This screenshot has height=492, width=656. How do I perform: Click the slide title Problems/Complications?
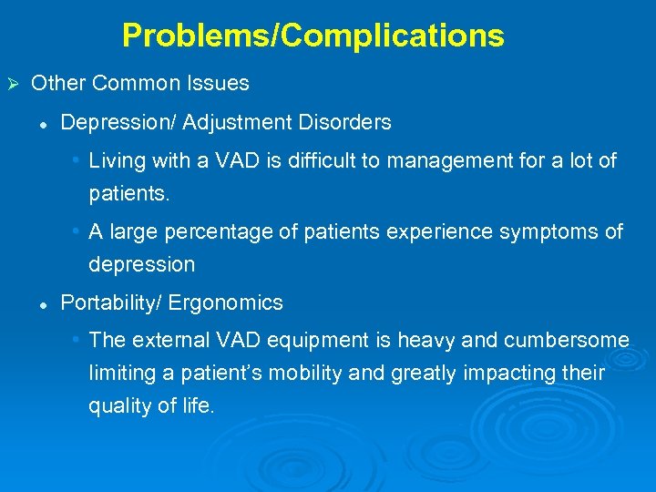313,36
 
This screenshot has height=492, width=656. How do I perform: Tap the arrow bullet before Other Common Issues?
13,84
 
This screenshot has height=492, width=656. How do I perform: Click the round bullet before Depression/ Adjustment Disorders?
43,123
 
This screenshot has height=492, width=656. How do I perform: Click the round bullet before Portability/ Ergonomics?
43,303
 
